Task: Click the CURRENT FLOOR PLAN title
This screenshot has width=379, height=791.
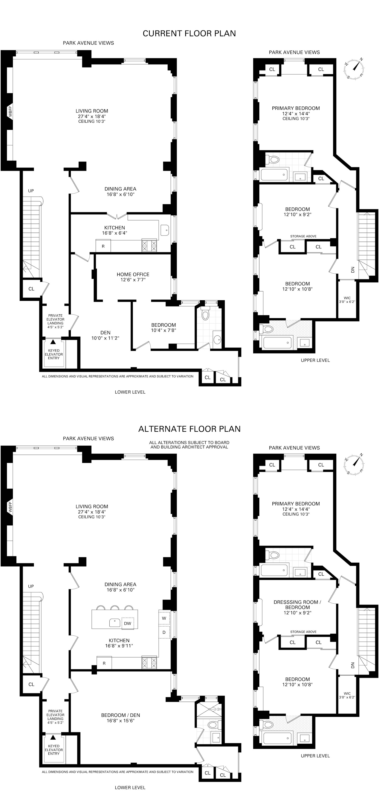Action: (189, 33)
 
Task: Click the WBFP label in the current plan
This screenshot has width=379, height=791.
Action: (10, 112)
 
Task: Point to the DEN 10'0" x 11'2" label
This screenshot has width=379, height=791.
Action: (105, 335)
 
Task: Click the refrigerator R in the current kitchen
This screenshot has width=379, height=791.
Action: (103, 246)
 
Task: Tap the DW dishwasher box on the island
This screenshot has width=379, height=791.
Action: (127, 623)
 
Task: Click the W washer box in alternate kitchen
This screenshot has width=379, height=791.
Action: (164, 618)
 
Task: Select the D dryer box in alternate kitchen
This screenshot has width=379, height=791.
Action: (164, 632)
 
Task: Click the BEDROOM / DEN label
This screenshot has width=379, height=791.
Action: (120, 718)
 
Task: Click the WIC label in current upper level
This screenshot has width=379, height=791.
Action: (347, 300)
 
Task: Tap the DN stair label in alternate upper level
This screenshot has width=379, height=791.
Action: (352, 665)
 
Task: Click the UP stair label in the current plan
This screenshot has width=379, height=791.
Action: (31, 191)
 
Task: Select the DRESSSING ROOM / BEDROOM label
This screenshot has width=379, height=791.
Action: (297, 607)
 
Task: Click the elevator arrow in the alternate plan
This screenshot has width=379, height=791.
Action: (53, 737)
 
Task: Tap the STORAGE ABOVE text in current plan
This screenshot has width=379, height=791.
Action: (303, 236)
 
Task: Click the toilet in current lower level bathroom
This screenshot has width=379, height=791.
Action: (205, 314)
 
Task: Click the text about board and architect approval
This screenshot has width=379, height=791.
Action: (189, 445)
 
